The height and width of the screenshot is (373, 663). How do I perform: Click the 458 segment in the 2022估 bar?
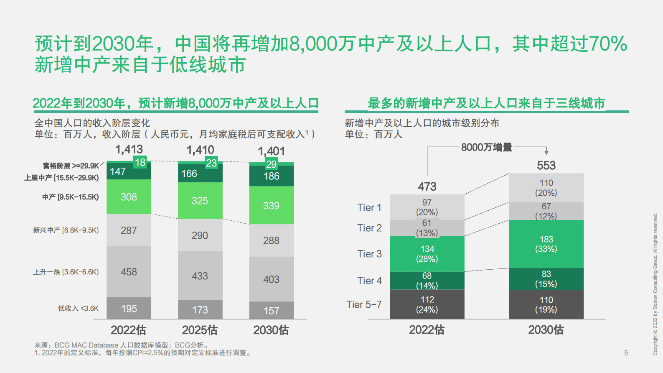point(129,272)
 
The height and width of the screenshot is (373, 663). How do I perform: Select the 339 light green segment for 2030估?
point(271,205)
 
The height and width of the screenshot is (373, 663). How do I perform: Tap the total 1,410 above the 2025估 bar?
point(200,150)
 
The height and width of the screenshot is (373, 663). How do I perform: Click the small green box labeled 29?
point(271,164)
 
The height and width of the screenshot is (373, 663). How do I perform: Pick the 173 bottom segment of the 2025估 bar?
point(200,310)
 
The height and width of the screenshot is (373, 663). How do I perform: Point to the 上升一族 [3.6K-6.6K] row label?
point(66,272)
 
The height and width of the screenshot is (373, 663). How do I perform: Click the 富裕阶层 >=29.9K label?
point(71,166)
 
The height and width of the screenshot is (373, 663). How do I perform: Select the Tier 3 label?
point(369,254)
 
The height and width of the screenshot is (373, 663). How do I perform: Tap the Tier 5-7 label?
point(364,304)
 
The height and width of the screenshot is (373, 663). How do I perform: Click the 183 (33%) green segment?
point(546,244)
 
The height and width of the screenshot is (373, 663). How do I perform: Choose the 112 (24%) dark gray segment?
point(427,304)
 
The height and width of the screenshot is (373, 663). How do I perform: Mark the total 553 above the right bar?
point(546,165)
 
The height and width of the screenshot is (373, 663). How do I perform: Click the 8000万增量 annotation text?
point(486,147)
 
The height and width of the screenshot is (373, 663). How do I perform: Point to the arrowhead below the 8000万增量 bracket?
point(546,153)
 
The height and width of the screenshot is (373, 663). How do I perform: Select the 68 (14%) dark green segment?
point(427,281)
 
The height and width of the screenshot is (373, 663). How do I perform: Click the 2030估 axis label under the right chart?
point(546,330)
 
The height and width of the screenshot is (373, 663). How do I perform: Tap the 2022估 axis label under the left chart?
point(128,330)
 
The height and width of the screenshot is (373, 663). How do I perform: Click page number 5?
point(626,353)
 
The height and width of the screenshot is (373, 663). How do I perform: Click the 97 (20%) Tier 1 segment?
point(427,207)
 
